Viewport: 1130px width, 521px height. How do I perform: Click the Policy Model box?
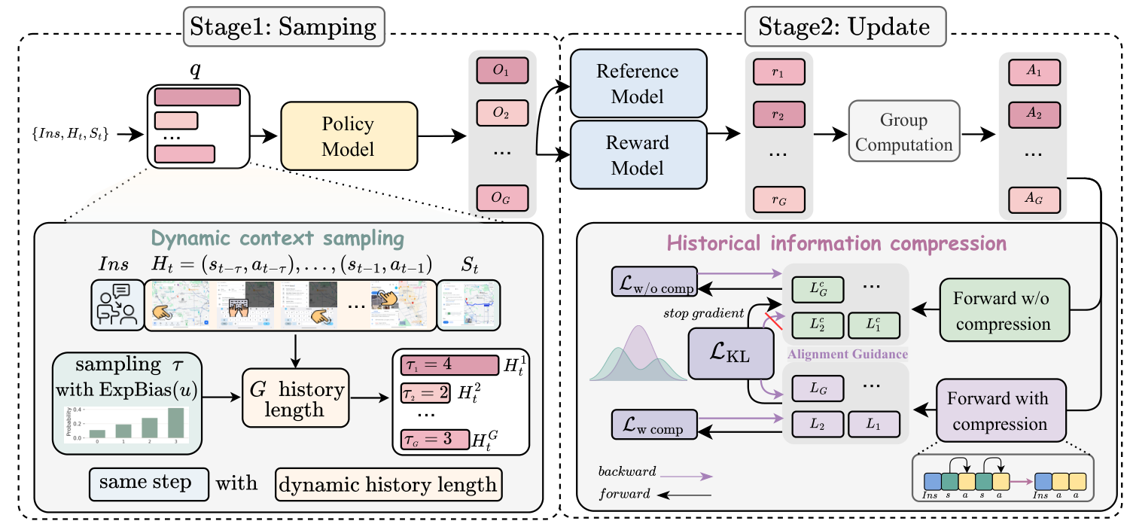[x=349, y=136]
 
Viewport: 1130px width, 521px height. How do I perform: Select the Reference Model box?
[x=638, y=83]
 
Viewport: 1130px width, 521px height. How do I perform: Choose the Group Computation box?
[x=903, y=133]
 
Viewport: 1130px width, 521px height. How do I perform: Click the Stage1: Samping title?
[x=285, y=29]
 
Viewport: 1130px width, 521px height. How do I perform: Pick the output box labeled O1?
[x=501, y=73]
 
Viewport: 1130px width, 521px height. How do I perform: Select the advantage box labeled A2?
[x=1034, y=114]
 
